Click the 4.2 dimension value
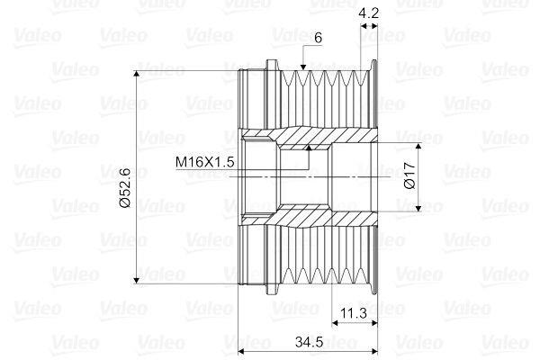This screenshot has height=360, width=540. [x=368, y=13]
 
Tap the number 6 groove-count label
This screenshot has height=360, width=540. [x=318, y=38]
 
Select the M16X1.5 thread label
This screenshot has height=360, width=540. [x=204, y=162]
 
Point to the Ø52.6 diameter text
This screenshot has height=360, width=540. [x=125, y=187]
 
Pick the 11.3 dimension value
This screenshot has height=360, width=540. [x=354, y=313]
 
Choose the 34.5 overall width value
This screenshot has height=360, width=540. [x=309, y=342]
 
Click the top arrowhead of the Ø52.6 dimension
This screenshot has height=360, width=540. [x=137, y=74]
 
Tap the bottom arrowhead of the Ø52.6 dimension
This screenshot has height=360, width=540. [x=137, y=280]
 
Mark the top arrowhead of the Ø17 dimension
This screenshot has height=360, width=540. [x=418, y=146]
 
